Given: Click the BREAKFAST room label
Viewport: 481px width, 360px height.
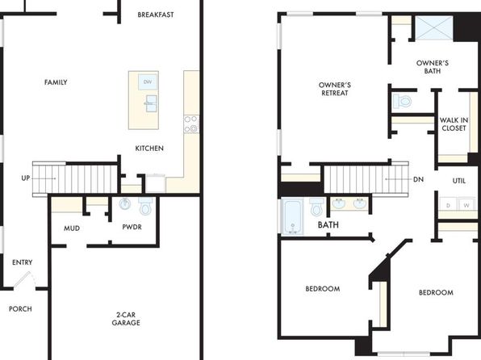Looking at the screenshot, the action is (156, 15).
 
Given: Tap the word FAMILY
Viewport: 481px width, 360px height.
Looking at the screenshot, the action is (56, 82).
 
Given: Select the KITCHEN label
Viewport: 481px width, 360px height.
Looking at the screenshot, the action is (149, 149).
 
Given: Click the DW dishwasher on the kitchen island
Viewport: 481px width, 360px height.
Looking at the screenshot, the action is (148, 82).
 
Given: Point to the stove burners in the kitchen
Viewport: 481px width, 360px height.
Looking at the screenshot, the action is (191, 124).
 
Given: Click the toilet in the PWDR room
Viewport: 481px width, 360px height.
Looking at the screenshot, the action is (145, 206).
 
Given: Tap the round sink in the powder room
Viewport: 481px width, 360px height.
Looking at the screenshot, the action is (125, 203).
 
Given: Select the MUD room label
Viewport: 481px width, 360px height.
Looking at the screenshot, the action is (72, 228).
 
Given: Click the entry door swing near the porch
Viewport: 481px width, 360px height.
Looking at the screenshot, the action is (25, 279).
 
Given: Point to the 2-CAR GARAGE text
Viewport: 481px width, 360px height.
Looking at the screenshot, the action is (126, 319).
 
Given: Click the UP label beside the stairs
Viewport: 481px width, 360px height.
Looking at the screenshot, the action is (26, 178).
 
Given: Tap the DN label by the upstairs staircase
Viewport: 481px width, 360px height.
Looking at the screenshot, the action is (418, 179).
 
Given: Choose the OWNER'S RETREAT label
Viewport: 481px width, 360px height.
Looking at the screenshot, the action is (335, 89).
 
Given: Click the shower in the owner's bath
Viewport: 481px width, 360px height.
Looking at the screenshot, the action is (434, 28).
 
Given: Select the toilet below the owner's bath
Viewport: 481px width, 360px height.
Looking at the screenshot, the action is (402, 101).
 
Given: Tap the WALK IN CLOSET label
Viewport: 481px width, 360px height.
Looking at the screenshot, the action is (454, 124).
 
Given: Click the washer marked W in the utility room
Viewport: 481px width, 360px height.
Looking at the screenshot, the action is (466, 204).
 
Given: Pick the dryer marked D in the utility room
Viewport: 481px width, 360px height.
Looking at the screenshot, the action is (448, 204).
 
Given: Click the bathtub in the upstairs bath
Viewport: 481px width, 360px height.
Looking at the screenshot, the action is (292, 217).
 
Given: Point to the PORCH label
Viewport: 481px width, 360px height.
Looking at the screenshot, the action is (20, 309).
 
